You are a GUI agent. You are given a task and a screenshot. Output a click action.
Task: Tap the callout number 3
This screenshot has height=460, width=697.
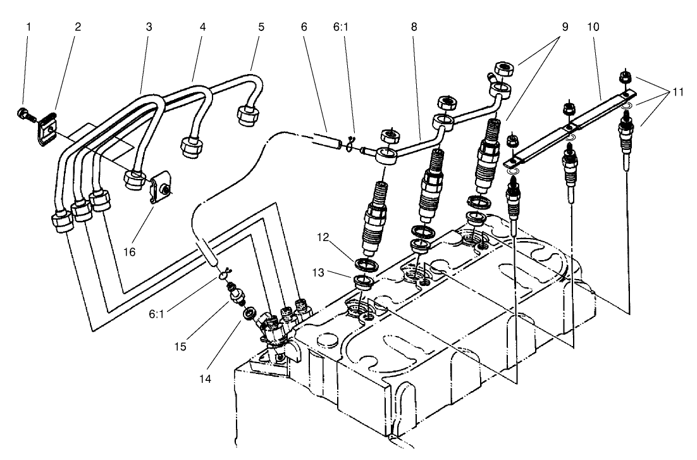click(150, 28)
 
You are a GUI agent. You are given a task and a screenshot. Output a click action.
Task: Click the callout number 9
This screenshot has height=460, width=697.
click(564, 28)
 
